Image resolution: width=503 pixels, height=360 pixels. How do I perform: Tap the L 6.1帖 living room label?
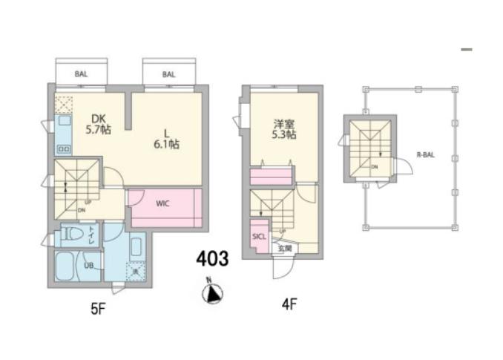pyautogui.click(x=167, y=139)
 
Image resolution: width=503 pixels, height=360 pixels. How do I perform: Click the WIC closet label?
pyautogui.click(x=164, y=203)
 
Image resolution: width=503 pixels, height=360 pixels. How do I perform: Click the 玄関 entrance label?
pyautogui.click(x=285, y=248)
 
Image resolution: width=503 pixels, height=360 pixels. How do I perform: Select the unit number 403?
pyautogui.click(x=212, y=260)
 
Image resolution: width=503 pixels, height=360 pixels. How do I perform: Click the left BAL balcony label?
pyautogui.click(x=81, y=74)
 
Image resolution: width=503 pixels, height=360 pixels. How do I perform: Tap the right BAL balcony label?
pyautogui.click(x=168, y=74)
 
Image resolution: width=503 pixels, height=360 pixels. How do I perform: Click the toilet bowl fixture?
pyautogui.click(x=73, y=236)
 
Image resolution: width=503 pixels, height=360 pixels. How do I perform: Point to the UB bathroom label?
pyautogui.click(x=88, y=265)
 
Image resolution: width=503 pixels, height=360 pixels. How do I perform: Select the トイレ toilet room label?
pyautogui.click(x=91, y=235)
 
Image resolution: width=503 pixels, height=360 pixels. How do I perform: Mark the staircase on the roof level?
pyautogui.click(x=369, y=148)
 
